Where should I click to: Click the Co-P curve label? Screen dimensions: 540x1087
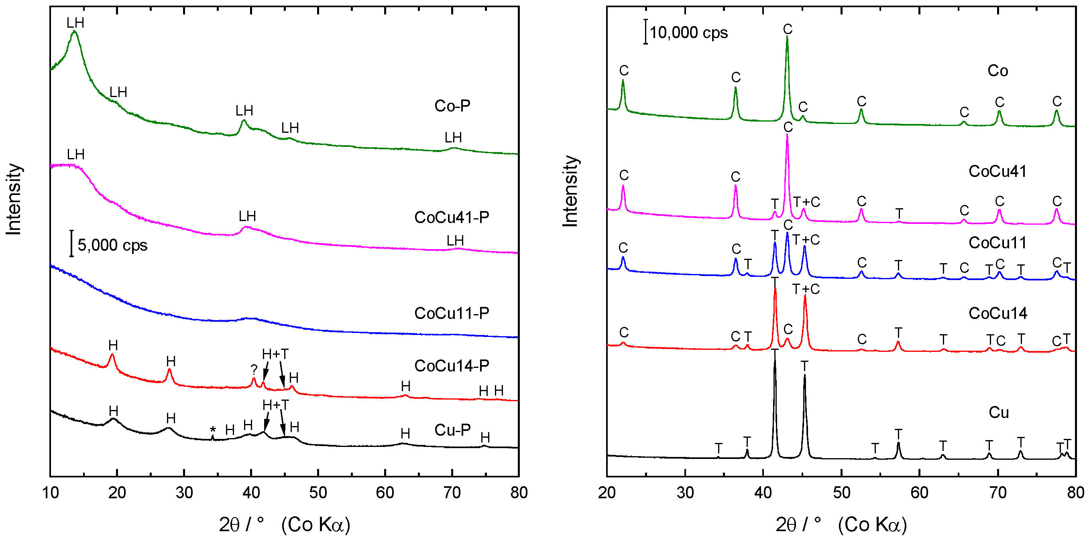pos(452,106)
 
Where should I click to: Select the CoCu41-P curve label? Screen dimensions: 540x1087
pos(452,217)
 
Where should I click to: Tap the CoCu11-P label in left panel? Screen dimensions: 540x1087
pos(452,313)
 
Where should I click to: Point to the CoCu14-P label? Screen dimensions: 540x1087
pos(452,366)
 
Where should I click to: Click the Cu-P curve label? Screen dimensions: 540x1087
pos(452,430)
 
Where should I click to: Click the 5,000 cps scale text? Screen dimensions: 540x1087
pos(112,245)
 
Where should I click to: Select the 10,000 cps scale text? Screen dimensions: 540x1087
pos(688,32)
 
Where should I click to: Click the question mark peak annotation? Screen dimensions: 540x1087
pos(254,369)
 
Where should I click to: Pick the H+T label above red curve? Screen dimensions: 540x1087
pos(275,354)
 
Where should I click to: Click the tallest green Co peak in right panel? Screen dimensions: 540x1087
pos(787,38)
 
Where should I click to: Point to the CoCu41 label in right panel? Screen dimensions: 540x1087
pos(997,171)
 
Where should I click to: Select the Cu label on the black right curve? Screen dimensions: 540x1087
pos(998,412)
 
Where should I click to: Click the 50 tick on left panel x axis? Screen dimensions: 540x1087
pos(318,493)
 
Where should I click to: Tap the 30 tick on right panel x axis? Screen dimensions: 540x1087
pos(685,493)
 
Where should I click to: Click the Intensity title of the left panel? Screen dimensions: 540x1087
pos(14,199)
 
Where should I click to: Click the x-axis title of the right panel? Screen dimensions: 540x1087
pos(841,524)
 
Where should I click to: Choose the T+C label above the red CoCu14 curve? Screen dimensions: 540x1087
pos(806,289)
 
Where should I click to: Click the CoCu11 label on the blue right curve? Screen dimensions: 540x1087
pos(997,243)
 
